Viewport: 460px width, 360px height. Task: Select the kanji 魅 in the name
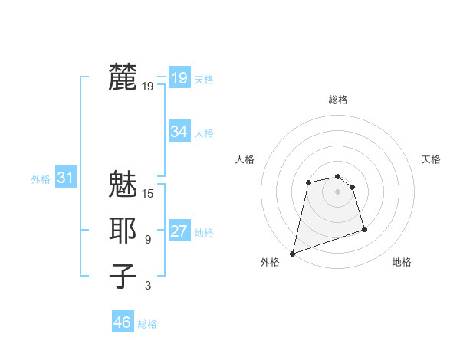pyautogui.click(x=123, y=185)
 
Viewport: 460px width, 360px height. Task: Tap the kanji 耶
pyautogui.click(x=123, y=231)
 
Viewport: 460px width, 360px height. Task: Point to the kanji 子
pyautogui.click(x=123, y=277)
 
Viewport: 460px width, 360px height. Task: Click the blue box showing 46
pyautogui.click(x=123, y=322)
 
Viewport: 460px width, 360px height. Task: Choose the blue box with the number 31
pyautogui.click(x=65, y=178)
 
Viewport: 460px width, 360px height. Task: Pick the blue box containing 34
pyautogui.click(x=179, y=132)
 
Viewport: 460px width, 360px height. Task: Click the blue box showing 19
pyautogui.click(x=179, y=77)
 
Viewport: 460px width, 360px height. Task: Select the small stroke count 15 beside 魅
pyautogui.click(x=148, y=194)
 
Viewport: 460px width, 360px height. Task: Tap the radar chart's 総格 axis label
pyautogui.click(x=337, y=100)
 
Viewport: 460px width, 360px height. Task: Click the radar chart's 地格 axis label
pyautogui.click(x=402, y=262)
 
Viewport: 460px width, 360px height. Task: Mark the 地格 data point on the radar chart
pyautogui.click(x=364, y=229)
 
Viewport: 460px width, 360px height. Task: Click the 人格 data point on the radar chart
pyautogui.click(x=308, y=182)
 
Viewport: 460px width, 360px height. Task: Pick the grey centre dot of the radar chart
pyautogui.click(x=337, y=191)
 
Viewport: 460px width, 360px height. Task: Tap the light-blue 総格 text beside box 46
pyautogui.click(x=147, y=324)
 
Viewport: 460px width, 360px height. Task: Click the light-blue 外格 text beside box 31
pyautogui.click(x=41, y=179)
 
